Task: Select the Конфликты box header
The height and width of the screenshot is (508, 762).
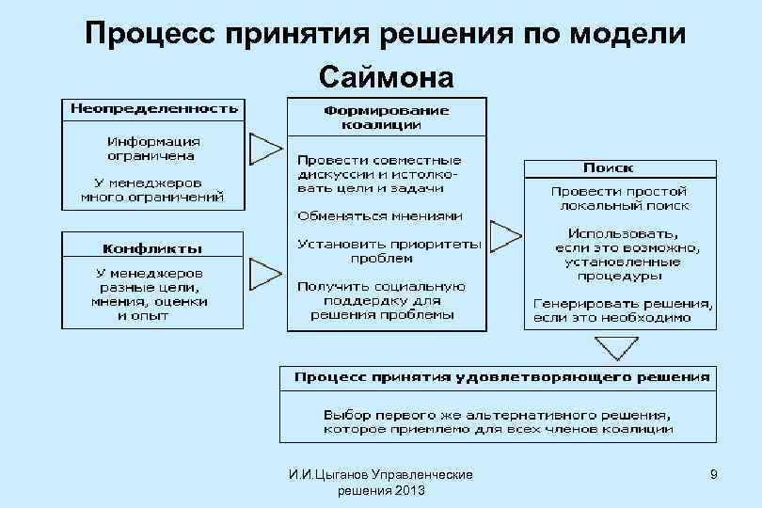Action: click(152, 248)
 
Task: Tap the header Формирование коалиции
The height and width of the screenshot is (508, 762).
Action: click(387, 117)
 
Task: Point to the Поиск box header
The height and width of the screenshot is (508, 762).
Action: click(608, 168)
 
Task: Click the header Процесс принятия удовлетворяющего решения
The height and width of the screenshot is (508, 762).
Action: click(502, 377)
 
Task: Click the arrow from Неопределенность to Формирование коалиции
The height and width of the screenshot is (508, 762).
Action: click(265, 148)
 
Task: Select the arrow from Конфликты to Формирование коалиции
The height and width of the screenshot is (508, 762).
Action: click(265, 275)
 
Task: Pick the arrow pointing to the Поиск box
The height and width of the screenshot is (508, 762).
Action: click(505, 231)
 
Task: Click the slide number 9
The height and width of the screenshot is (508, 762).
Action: click(714, 475)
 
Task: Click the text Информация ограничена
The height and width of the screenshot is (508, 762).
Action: click(152, 148)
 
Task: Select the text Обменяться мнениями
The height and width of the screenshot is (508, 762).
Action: click(380, 215)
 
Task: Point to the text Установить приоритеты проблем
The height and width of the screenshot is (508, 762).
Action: click(387, 250)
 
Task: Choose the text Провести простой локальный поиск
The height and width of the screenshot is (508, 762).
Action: click(621, 198)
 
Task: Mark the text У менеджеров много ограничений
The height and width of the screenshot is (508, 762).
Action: click(152, 191)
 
